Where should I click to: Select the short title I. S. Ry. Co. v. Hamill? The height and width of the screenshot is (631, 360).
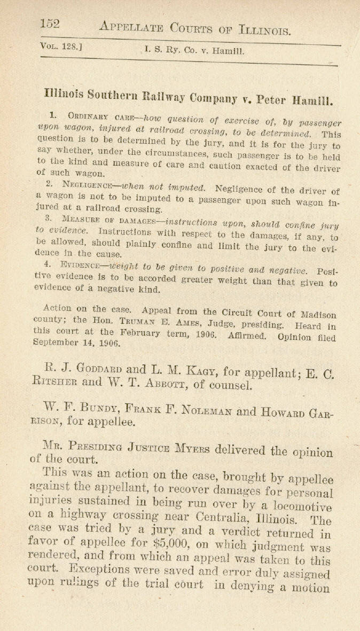tap(194, 52)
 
